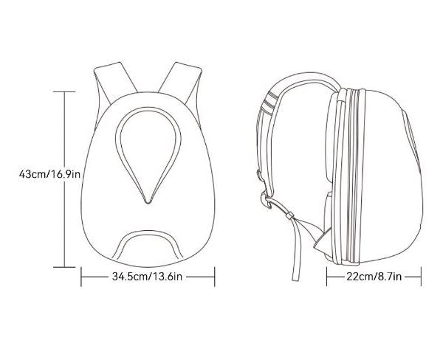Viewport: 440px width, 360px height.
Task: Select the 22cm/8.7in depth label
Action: (374, 277)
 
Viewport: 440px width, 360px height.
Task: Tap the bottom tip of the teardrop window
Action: (148, 200)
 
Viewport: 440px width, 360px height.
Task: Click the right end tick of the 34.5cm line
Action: (214, 277)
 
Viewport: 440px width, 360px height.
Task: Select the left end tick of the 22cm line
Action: (327, 277)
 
